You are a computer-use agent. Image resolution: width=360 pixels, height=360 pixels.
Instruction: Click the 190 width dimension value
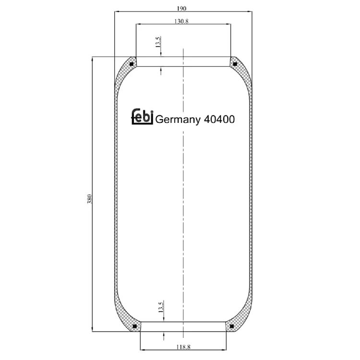[x=181, y=9]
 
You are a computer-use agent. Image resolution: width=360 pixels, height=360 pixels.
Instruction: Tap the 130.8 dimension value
[x=181, y=21]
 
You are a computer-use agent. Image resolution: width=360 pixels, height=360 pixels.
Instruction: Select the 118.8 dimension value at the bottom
[x=183, y=347]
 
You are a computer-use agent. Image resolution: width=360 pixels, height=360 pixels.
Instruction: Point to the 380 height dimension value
[x=90, y=199]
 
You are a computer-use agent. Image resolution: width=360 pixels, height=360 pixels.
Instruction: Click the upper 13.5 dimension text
[x=158, y=42]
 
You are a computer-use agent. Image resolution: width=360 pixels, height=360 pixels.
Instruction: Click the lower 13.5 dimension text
[x=161, y=306]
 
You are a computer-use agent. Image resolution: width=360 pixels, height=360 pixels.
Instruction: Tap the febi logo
[x=142, y=117]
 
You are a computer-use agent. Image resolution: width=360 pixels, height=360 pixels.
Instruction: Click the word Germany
[x=178, y=120]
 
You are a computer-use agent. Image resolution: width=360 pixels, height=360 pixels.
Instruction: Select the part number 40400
[x=219, y=119]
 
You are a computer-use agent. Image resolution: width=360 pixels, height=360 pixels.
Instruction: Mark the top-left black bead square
[x=132, y=64]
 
